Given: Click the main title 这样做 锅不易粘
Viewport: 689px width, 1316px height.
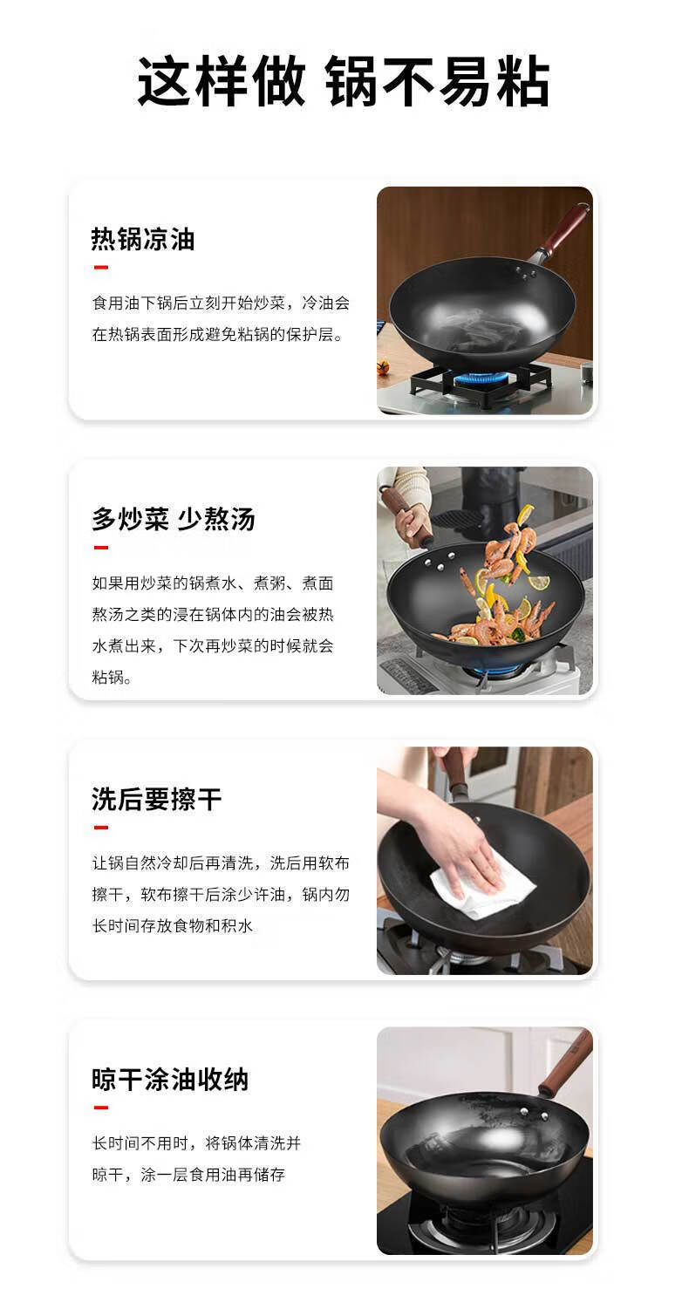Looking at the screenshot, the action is tap(344, 81).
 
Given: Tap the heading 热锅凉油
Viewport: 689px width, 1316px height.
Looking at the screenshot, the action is tap(143, 239).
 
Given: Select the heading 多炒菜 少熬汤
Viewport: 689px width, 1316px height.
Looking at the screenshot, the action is tap(174, 520).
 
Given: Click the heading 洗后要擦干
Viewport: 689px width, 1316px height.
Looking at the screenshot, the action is tap(156, 800).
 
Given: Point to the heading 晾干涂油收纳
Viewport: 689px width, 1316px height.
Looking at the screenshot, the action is tap(170, 1080).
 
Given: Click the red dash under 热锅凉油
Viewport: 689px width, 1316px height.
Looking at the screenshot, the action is tap(101, 268).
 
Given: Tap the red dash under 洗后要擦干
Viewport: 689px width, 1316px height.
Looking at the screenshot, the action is tap(101, 828).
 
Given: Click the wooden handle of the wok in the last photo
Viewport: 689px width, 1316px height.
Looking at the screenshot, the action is tap(564, 1072).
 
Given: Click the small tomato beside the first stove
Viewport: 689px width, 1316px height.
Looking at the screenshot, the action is tap(383, 367).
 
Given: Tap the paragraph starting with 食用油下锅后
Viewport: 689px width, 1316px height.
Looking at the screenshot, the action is tap(221, 319).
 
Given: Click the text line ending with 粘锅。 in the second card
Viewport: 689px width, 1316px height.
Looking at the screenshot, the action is tap(112, 678).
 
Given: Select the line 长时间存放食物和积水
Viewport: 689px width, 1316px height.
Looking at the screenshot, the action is tap(172, 926).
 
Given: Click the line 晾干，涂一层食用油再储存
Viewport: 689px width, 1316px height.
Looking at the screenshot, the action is tap(188, 1175).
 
